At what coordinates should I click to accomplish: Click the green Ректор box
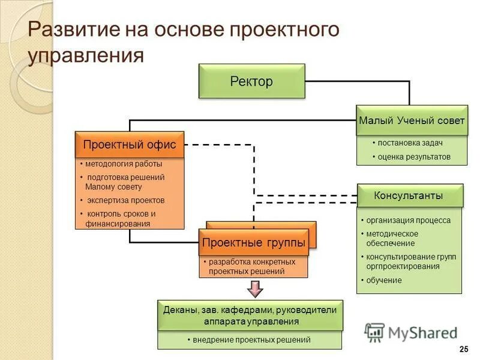pos(251,81)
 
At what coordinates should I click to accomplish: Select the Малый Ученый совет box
pos(412,121)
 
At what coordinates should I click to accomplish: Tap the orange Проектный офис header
pos(129,145)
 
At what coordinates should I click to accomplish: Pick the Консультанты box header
pos(409,196)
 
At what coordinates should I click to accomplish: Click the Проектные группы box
pos(253,242)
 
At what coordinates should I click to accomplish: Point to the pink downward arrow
pos(256,289)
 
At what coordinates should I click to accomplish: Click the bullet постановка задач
pos(411,143)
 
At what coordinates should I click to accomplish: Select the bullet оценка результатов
pos(413,157)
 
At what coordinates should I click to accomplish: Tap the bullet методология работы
pos(123,164)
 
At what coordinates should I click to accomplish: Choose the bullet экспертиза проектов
pos(125,200)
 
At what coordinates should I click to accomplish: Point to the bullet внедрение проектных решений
pos(251,340)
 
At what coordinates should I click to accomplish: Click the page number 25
pos(463,350)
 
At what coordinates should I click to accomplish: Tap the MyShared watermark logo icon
pos(374,332)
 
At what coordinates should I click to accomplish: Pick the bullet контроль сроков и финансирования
pos(120,218)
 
